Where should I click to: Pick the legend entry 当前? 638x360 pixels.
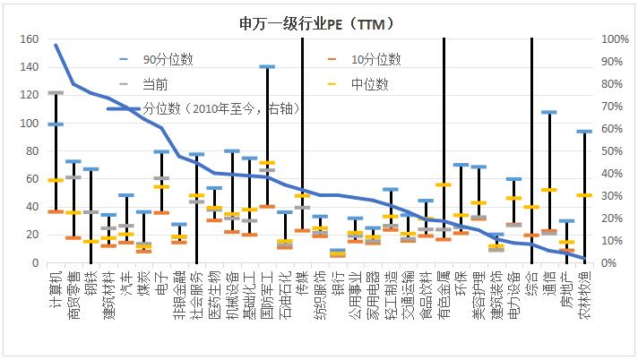[155, 84]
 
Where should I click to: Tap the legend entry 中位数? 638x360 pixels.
[370, 84]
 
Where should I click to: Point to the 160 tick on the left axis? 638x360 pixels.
[28, 39]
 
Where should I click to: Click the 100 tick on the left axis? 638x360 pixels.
[28, 124]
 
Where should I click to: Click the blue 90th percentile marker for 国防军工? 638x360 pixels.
[267, 66]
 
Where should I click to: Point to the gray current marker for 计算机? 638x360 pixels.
[56, 93]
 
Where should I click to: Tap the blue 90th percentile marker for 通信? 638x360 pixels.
[549, 112]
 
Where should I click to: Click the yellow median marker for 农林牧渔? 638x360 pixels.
[584, 194]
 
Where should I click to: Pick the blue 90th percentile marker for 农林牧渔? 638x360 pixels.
[584, 131]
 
